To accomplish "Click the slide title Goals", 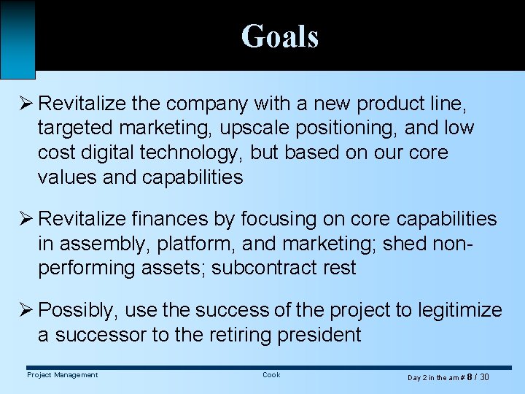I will (x=280, y=36).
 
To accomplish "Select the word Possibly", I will (x=77, y=310).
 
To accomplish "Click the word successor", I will (x=102, y=335).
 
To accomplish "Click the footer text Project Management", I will (x=62, y=375).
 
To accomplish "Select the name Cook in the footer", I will (x=271, y=375).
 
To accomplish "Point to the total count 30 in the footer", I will (x=484, y=377).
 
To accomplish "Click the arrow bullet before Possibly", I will (x=26, y=310).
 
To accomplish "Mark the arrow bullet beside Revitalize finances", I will (x=26, y=219).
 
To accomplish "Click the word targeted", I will (x=75, y=128).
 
